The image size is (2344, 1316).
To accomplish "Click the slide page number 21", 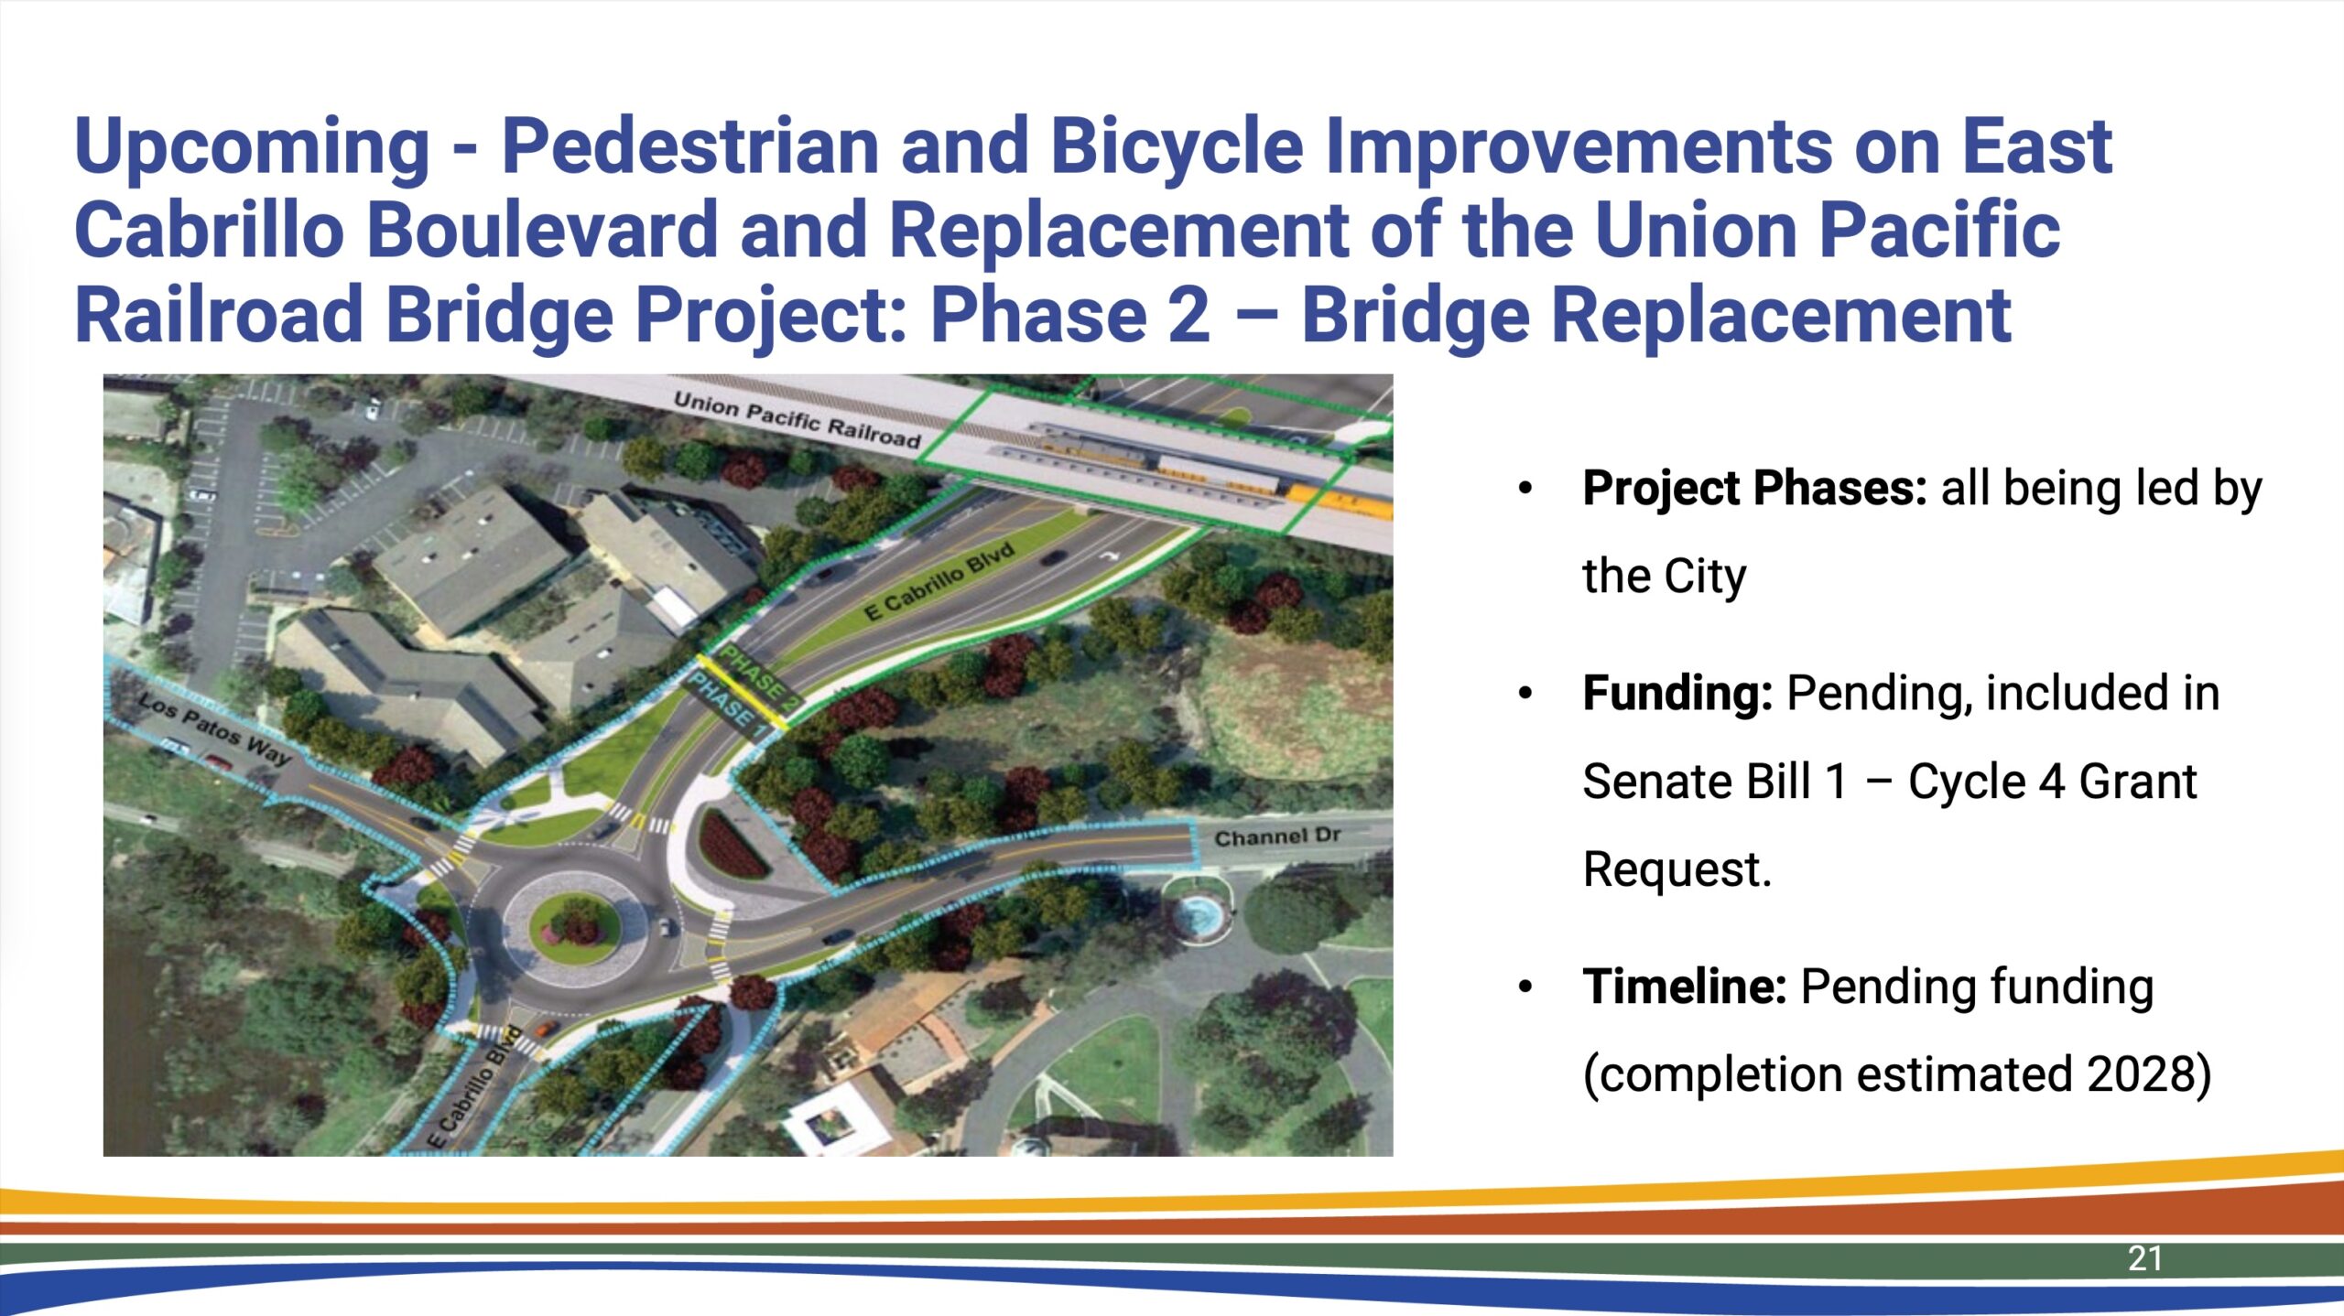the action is (2145, 1258).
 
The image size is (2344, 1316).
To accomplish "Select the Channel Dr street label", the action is (1277, 836).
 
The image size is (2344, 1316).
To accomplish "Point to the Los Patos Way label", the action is (214, 728).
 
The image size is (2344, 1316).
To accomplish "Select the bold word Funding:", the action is (1678, 693).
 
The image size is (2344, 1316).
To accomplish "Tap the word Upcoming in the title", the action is (252, 147).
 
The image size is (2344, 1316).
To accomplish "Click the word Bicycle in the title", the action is (1176, 147).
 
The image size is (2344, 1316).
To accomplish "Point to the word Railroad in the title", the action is (219, 314).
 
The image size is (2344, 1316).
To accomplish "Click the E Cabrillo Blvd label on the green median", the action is (939, 580).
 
